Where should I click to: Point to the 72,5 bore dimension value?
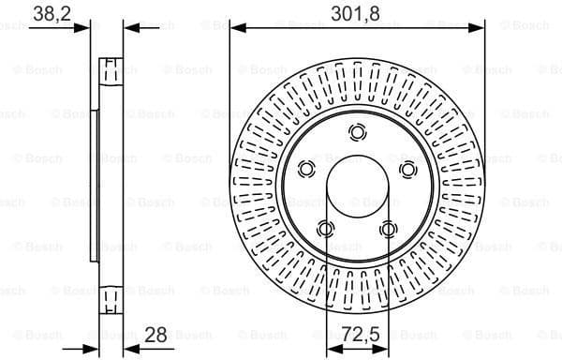click(356, 333)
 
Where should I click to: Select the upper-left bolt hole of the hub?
click(305, 169)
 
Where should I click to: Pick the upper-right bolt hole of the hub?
click(407, 169)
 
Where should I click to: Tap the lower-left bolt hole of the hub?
click(325, 228)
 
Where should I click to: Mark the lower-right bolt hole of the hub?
click(388, 228)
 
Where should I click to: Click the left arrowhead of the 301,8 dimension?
click(235, 28)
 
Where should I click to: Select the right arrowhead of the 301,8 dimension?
click(479, 28)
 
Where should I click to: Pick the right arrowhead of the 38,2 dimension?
click(130, 28)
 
